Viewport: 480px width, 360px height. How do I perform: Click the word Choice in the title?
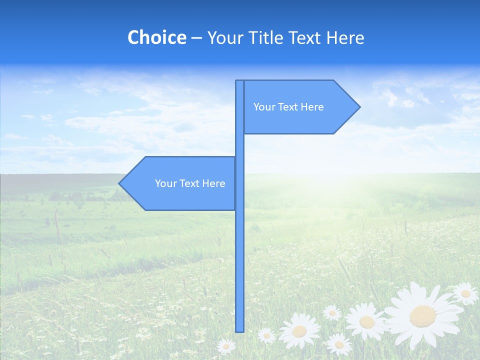156,37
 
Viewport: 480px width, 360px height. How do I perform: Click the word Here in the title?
345,37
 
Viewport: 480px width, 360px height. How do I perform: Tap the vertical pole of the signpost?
240,250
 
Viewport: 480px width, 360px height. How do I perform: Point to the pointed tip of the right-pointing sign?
358,107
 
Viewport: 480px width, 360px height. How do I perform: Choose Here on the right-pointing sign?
312,107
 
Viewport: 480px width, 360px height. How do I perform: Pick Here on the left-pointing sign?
214,183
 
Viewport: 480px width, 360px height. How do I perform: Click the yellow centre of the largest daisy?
422,315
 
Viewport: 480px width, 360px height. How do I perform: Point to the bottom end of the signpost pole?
240,330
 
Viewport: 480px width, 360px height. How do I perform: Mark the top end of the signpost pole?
240,81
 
